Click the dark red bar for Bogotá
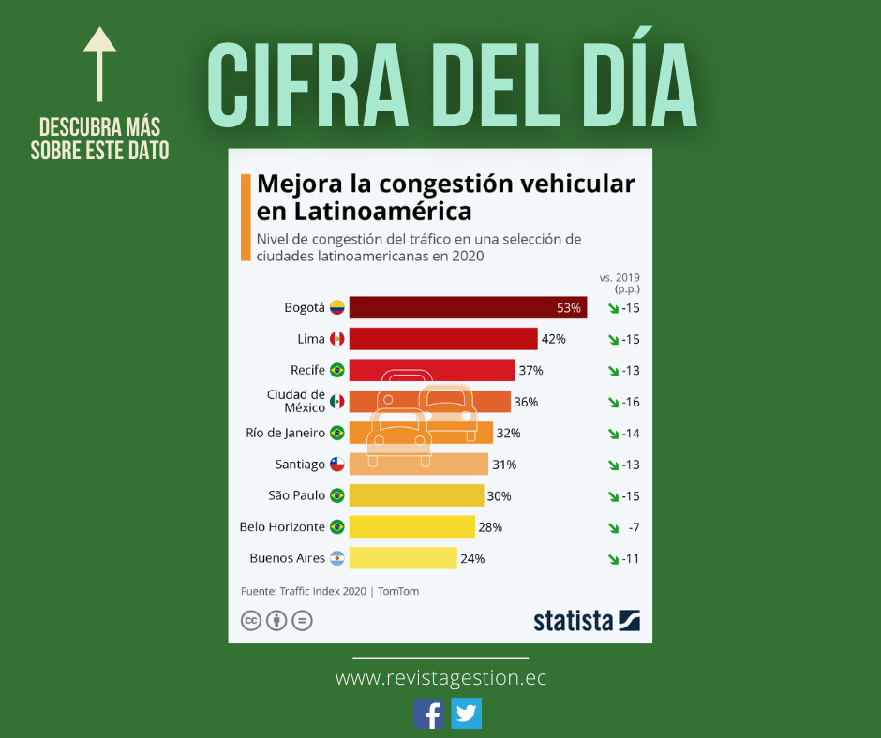click(468, 307)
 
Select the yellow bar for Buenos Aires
click(403, 558)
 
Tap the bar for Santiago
click(418, 465)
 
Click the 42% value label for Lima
click(553, 339)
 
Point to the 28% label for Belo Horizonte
click(490, 527)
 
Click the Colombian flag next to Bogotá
click(336, 307)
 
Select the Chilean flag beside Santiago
click(336, 465)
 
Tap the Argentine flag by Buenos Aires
click(336, 558)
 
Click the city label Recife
click(307, 370)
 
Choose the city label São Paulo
click(296, 495)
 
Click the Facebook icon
click(429, 714)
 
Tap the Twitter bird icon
click(466, 714)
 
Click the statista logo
click(586, 620)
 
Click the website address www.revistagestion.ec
click(440, 677)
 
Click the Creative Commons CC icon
click(251, 620)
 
